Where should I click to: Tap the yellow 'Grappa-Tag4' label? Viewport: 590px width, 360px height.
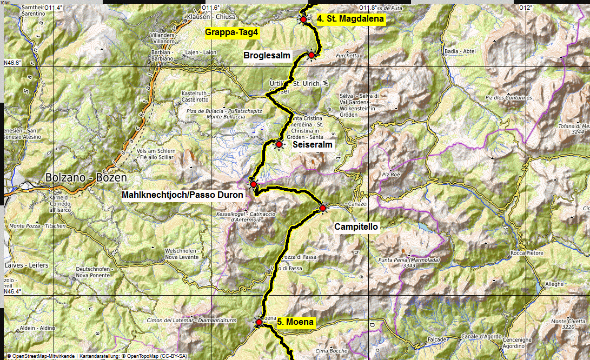(233, 32)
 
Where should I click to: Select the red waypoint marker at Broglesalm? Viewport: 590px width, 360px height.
(311, 55)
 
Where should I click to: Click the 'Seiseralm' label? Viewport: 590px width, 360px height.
(312, 144)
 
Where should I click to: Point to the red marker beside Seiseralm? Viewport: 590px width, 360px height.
(279, 144)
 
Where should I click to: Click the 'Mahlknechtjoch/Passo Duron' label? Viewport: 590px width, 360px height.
(183, 195)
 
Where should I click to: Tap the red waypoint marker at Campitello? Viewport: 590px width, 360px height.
(323, 208)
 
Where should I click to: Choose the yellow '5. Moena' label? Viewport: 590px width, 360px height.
(295, 322)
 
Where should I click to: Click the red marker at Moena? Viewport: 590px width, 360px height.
(258, 322)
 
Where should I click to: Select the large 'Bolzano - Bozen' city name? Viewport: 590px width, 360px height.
(87, 178)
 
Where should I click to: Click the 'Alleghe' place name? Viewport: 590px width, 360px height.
(554, 283)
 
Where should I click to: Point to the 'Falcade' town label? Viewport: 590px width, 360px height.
(436, 340)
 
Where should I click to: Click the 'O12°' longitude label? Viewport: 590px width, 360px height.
(525, 8)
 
